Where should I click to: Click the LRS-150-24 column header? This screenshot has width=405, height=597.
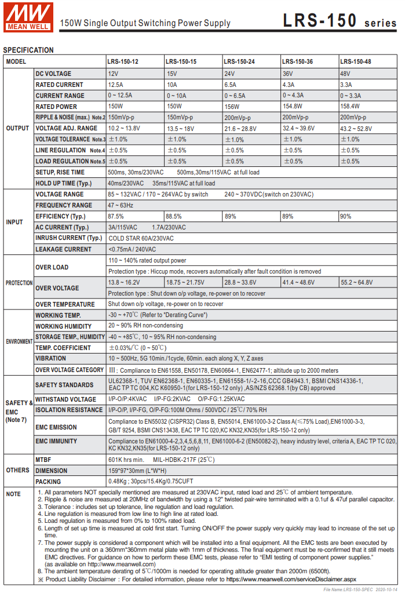click(239, 61)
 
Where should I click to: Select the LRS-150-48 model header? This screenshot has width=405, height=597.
click(355, 61)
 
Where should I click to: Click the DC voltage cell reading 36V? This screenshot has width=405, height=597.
click(287, 74)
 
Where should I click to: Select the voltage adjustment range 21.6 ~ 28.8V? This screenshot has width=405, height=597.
click(240, 128)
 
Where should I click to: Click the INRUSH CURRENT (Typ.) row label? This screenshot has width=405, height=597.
click(69, 238)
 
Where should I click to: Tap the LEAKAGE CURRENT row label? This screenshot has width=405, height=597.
click(64, 249)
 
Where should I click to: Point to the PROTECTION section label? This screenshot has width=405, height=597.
click(19, 283)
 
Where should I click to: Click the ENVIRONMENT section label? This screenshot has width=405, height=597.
click(19, 342)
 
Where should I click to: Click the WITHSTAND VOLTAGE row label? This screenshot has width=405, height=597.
click(66, 399)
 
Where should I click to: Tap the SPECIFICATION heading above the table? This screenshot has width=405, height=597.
click(28, 50)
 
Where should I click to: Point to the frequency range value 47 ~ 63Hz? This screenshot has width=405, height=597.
click(121, 205)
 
